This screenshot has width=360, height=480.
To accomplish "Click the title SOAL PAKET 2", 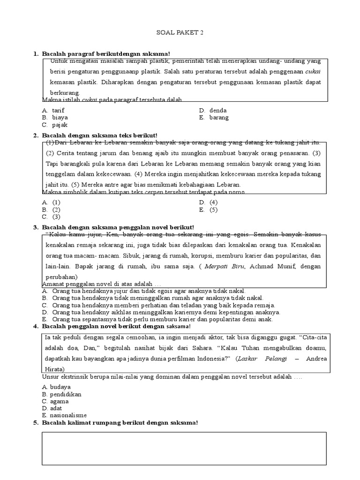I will click(x=180, y=33).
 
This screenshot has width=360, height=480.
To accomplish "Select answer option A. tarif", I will click(x=53, y=111).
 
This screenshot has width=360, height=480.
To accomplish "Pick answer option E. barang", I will click(x=214, y=118).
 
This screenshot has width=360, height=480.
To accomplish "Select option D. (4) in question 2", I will click(x=208, y=202).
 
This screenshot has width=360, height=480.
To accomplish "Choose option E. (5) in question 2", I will click(x=208, y=210).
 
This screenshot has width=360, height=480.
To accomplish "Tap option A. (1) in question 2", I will click(x=51, y=202).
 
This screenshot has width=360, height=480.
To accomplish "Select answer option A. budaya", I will click(x=56, y=387).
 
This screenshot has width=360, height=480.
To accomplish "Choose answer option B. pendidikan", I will click(x=62, y=394).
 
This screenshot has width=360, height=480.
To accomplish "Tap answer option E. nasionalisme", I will click(x=64, y=415).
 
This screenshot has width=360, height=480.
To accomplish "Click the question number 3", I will click(x=36, y=227).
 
